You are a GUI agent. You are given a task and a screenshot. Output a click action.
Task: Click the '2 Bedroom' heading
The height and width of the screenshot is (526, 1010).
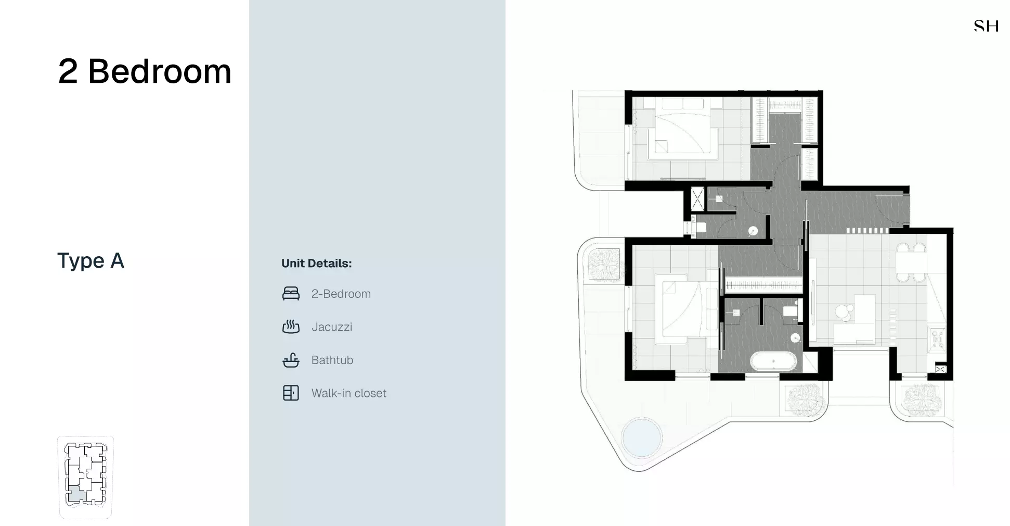click(x=145, y=71)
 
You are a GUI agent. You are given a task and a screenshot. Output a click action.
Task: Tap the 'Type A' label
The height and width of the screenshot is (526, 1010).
click(x=90, y=260)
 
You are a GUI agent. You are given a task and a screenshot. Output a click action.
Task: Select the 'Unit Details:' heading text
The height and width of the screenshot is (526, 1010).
click(x=316, y=264)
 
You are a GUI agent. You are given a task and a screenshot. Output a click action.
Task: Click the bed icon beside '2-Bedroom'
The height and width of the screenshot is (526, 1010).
click(x=291, y=294)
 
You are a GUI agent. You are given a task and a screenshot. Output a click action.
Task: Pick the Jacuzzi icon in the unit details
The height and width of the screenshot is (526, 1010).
click(x=291, y=327)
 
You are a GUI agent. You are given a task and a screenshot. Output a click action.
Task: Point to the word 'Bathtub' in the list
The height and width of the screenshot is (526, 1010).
click(x=332, y=360)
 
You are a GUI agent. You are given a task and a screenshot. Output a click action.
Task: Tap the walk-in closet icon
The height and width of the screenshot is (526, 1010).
click(x=291, y=393)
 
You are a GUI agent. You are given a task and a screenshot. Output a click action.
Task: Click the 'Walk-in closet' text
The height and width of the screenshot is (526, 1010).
click(x=348, y=393)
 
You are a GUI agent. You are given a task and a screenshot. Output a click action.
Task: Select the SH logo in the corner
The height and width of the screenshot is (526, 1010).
click(x=986, y=26)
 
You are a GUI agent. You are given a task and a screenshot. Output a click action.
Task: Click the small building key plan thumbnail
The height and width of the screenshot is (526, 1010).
click(x=85, y=477)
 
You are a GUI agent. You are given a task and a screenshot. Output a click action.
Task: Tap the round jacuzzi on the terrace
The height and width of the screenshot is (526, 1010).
click(x=642, y=436)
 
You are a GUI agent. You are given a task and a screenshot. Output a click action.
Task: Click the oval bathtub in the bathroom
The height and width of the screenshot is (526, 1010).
click(x=773, y=361)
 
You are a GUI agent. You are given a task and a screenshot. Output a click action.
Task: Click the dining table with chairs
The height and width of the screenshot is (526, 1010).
click(x=911, y=262)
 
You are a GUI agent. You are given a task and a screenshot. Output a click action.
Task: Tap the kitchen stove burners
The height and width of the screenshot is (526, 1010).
click(x=937, y=339)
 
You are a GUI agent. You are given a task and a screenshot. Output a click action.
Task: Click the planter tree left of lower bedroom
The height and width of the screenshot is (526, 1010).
click(x=604, y=265)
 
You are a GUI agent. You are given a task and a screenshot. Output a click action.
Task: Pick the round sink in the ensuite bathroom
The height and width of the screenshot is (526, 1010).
click(x=795, y=338)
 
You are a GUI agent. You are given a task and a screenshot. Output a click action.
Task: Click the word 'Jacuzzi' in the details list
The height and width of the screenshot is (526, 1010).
click(x=332, y=327)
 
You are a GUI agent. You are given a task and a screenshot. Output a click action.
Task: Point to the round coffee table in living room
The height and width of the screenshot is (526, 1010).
click(x=843, y=312)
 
